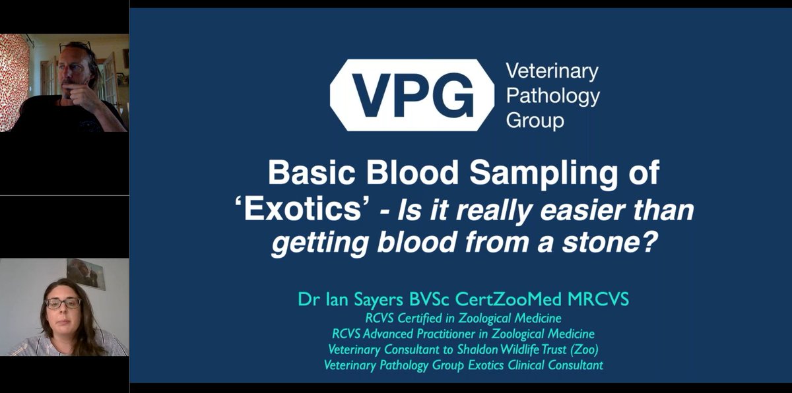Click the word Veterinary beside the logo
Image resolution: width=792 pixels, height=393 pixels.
(x=551, y=71)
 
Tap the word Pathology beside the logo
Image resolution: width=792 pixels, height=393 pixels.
(x=552, y=96)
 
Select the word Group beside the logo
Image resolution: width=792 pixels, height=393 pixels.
(x=534, y=121)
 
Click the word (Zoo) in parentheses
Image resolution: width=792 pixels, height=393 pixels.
(x=585, y=350)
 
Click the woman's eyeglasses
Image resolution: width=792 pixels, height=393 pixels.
(x=63, y=303)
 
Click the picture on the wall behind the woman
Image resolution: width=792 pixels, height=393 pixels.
(x=86, y=272)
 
